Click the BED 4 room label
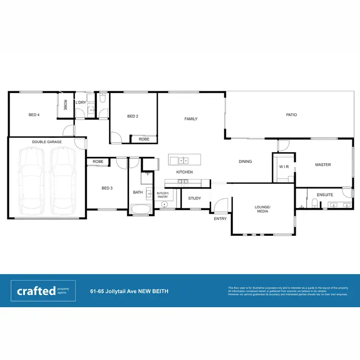34,115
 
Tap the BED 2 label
133,116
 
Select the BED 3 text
107,188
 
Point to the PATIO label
291,115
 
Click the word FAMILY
191,119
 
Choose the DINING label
245,161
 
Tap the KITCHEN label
184,172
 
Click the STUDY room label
194,198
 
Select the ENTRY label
220,218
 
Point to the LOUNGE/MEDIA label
263,209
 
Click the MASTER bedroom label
323,165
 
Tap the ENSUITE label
325,195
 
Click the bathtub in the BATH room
141,209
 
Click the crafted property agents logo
43,291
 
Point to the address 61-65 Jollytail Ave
129,291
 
